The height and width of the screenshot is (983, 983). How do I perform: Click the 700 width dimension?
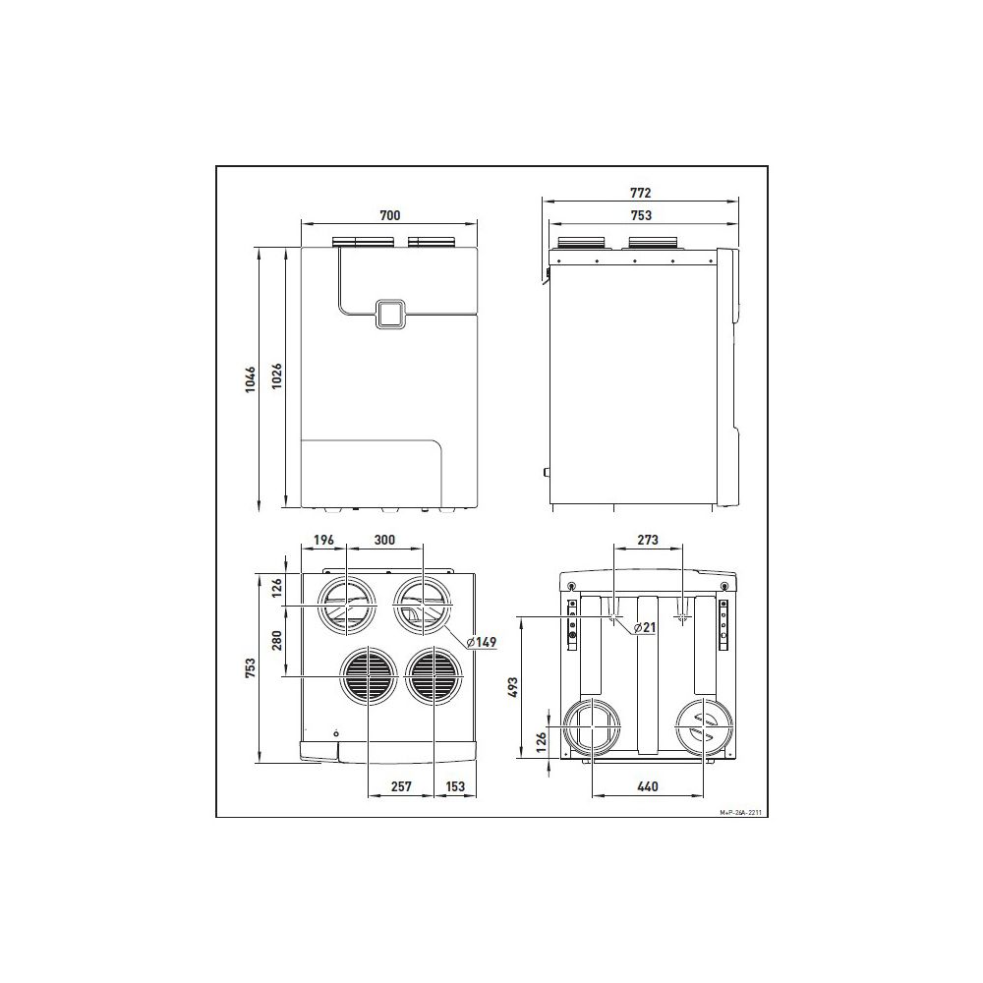[x=389, y=215]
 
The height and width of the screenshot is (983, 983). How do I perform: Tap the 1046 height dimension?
[x=251, y=379]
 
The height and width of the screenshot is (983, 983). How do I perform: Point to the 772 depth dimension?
[x=640, y=193]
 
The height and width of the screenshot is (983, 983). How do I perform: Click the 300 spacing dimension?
[x=384, y=539]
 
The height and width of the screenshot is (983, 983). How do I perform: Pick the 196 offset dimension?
[x=323, y=539]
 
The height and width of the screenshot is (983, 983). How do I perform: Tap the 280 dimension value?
[x=276, y=641]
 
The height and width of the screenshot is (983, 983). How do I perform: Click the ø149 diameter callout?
[x=482, y=641]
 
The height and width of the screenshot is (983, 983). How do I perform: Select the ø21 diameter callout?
[x=645, y=627]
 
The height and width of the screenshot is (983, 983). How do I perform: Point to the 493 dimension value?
[x=513, y=688]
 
